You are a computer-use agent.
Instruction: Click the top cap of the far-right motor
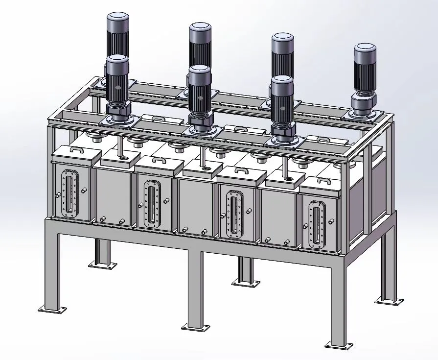click(365, 48)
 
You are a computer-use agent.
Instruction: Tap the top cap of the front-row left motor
click(117, 59)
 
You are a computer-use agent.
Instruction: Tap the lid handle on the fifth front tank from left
click(243, 171)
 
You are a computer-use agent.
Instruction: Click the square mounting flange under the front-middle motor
click(200, 130)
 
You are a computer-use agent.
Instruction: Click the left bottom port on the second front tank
click(101, 220)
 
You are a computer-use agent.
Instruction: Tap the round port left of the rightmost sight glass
click(306, 226)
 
